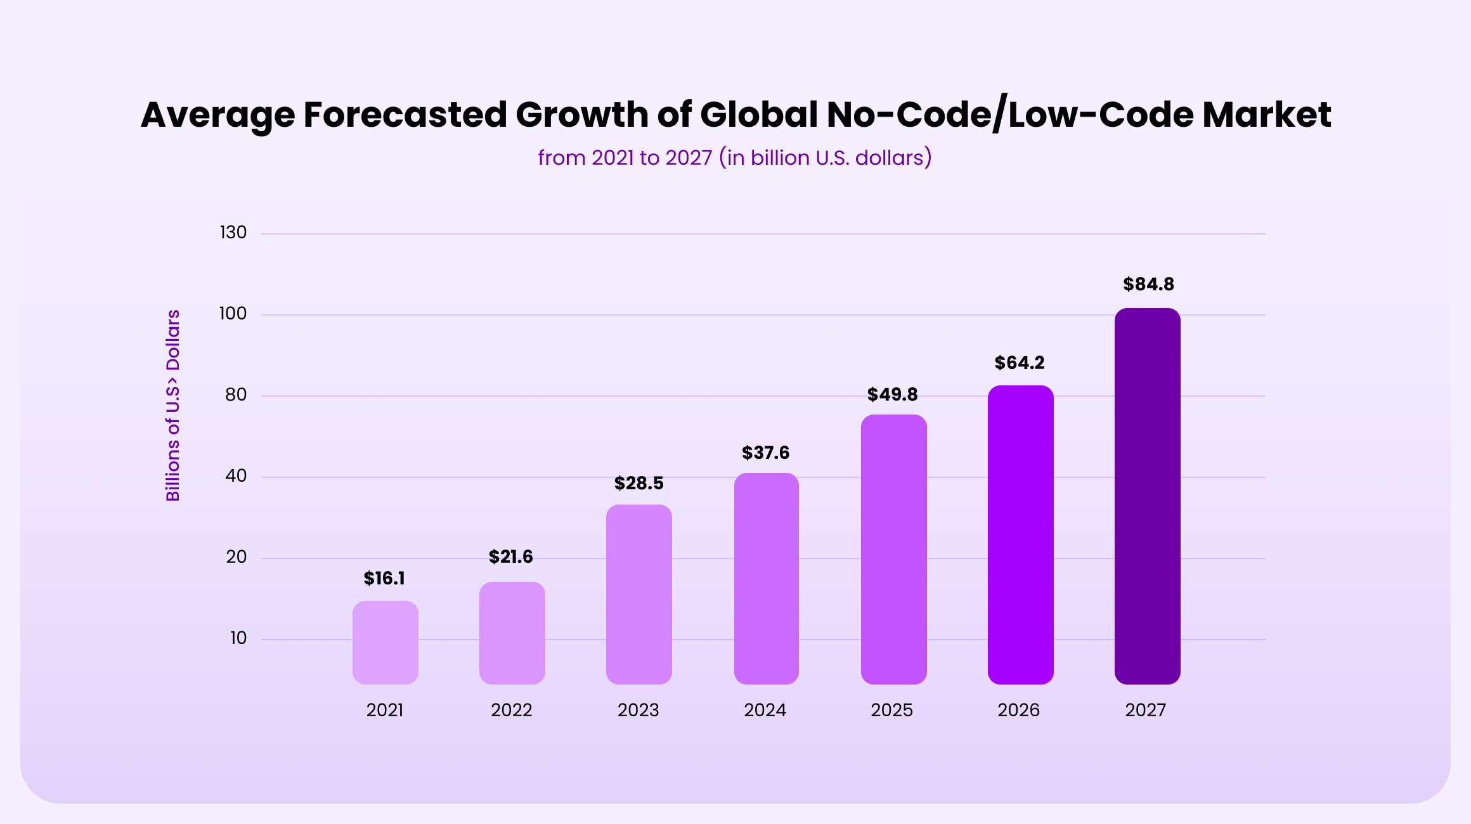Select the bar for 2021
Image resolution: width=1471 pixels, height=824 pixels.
385,642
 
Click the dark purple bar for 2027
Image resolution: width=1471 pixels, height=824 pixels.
1147,496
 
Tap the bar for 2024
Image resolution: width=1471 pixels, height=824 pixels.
766,578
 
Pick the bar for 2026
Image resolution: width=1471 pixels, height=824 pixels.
1020,534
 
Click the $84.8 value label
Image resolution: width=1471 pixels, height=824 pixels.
1148,285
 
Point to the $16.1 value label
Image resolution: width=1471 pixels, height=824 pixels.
384,579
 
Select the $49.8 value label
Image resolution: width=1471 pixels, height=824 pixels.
892,395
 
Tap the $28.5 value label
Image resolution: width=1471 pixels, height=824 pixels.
638,484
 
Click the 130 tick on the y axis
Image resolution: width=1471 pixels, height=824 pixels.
233,233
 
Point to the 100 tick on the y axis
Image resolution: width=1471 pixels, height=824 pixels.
233,314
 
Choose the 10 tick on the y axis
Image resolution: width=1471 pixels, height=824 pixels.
238,638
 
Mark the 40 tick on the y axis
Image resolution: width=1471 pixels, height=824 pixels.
236,476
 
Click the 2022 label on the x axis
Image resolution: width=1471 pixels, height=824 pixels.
511,710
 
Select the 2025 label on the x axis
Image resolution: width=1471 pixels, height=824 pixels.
891,710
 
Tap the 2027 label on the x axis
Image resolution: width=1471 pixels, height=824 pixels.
1145,710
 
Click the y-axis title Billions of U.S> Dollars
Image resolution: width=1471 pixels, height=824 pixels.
173,406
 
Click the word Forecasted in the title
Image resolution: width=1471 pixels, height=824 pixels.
405,115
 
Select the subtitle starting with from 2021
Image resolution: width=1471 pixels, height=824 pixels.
735,157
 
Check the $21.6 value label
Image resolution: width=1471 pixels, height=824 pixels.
510,557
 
